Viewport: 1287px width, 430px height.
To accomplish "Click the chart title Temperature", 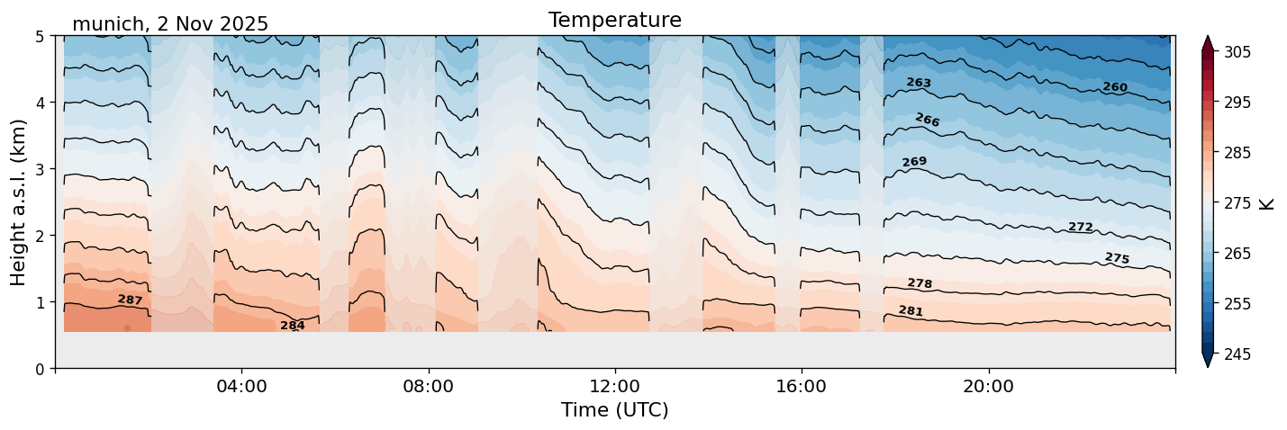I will [x=614, y=20].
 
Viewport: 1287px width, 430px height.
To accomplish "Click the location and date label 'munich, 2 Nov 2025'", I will [x=170, y=24].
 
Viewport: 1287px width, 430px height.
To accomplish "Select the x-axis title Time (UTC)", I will [x=614, y=410].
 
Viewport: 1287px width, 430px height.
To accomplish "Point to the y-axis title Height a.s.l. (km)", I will [x=19, y=202].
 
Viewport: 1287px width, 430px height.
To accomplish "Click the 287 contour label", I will [x=130, y=300].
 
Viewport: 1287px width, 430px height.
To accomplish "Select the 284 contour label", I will [x=293, y=326].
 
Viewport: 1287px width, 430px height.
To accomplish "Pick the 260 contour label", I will [x=1115, y=87].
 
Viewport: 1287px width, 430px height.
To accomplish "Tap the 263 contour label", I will [x=919, y=83].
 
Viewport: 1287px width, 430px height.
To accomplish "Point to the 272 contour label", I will [x=1080, y=227].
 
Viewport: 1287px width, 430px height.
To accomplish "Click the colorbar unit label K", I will [x=1268, y=203].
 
